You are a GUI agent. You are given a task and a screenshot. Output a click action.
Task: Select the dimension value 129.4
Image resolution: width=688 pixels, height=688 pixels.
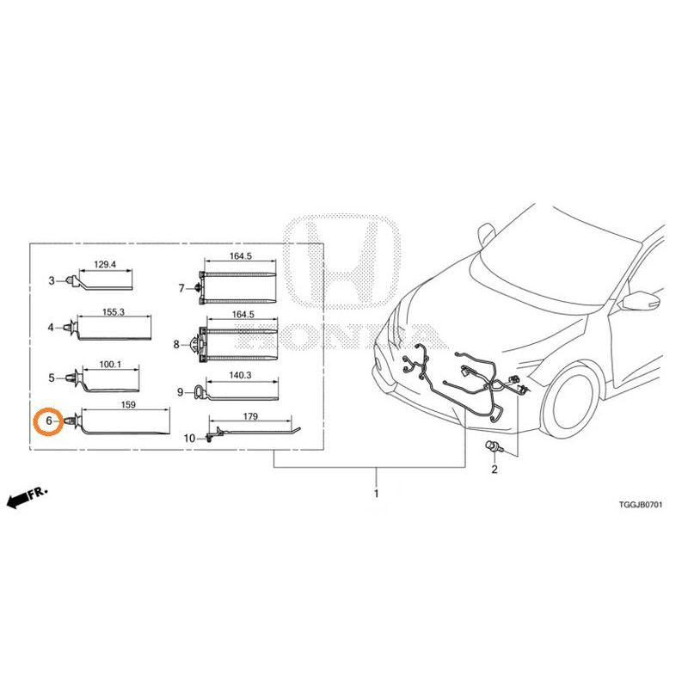click(x=105, y=265)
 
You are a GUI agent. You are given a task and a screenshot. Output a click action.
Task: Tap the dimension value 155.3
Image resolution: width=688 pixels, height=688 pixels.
click(x=114, y=312)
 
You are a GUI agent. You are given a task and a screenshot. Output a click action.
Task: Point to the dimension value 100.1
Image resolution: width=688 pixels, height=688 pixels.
click(x=110, y=364)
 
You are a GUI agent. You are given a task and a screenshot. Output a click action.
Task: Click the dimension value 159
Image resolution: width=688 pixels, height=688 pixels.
click(x=128, y=404)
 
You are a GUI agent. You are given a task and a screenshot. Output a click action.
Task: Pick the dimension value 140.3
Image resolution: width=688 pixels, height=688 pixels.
click(x=240, y=375)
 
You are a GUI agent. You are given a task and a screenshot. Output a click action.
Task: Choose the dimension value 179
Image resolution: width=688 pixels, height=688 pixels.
click(x=250, y=416)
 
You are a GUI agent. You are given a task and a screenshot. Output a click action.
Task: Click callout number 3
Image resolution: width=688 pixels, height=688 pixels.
click(x=52, y=280)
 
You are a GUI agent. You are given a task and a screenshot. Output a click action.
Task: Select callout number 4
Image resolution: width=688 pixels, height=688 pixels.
click(x=52, y=328)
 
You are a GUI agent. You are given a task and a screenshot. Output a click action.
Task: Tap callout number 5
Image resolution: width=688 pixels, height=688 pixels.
click(x=52, y=378)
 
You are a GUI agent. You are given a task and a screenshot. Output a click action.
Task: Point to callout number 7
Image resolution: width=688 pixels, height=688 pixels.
click(x=181, y=288)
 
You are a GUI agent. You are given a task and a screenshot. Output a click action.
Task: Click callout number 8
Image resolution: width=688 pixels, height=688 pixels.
click(x=176, y=345)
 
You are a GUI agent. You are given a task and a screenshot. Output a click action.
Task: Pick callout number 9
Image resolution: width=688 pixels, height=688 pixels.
click(x=180, y=392)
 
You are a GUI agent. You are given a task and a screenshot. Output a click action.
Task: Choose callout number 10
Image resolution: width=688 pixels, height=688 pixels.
click(x=189, y=439)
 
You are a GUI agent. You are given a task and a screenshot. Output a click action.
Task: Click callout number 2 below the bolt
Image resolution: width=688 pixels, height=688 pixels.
click(x=494, y=470)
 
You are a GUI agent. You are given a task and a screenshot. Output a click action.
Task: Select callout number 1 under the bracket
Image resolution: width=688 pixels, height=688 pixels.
click(x=376, y=494)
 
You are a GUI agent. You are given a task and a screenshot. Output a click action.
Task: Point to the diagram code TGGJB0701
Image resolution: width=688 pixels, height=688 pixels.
click(x=641, y=505)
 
